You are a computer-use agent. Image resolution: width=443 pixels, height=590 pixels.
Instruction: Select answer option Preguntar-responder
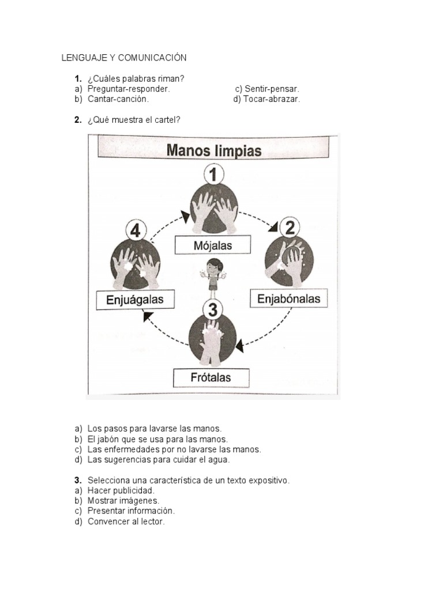128,89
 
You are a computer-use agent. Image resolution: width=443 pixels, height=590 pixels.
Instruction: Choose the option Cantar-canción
118,99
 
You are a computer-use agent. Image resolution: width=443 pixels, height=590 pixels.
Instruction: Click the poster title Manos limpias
214,150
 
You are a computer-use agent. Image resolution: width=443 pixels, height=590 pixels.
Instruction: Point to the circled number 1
213,174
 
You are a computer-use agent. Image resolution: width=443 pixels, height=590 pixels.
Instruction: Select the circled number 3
213,311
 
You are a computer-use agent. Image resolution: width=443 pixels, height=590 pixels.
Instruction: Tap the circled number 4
136,231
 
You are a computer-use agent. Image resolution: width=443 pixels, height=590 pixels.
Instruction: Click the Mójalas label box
213,246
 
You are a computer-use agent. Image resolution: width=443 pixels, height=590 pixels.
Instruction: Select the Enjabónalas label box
288,299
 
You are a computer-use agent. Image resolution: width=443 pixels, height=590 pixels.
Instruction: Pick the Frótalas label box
211,378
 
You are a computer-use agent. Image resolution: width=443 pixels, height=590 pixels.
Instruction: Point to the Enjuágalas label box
135,300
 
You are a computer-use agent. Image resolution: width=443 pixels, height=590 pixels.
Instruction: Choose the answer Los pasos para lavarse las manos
154,429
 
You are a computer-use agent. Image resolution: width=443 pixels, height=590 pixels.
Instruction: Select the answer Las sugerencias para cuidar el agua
158,460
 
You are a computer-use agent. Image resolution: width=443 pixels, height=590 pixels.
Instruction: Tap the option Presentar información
130,511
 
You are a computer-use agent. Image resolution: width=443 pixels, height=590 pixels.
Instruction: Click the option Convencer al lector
126,521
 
